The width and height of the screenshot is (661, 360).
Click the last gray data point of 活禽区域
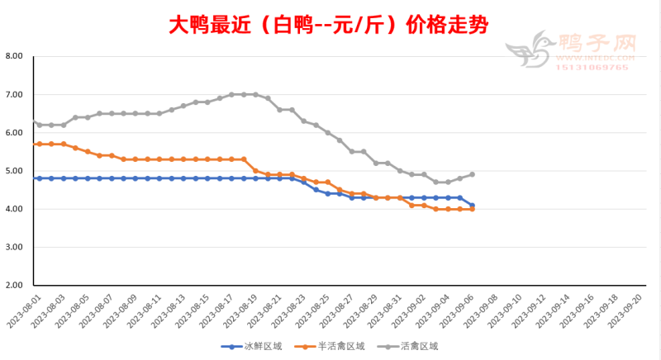point(472,174)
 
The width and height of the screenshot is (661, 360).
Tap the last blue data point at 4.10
point(472,206)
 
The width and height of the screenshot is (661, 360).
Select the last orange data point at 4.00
point(472,210)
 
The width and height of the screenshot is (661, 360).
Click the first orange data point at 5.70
point(39,144)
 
